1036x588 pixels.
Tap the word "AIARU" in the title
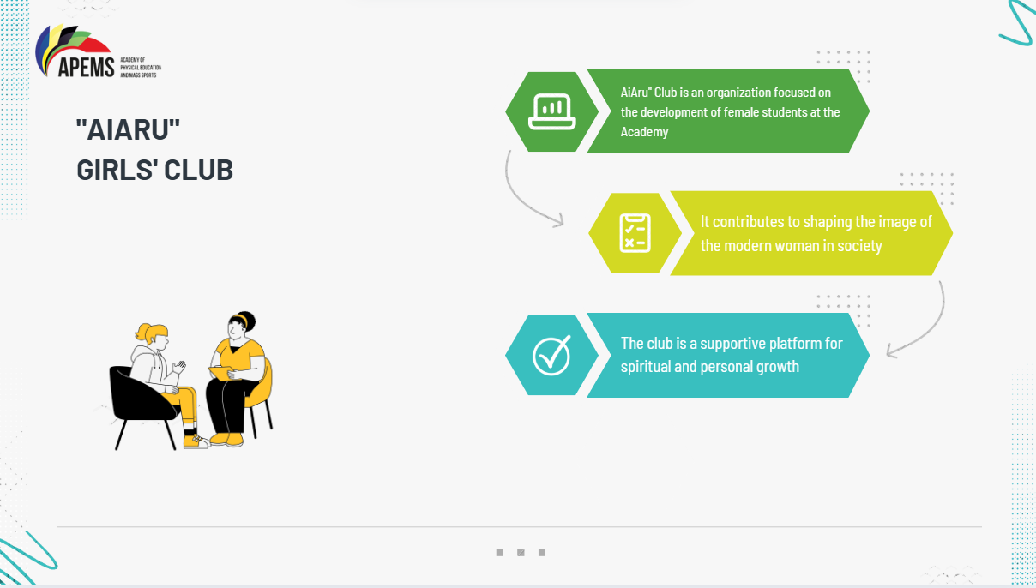coord(128,130)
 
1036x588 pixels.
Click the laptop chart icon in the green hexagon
coord(551,111)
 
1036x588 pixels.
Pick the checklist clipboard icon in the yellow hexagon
coord(635,233)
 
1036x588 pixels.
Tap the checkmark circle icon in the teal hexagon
coord(551,355)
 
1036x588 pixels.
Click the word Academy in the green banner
coord(644,132)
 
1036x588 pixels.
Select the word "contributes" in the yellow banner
coord(750,221)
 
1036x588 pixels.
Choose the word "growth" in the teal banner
coord(778,367)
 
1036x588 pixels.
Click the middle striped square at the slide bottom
coord(521,552)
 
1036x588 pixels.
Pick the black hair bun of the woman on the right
coord(246,319)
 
